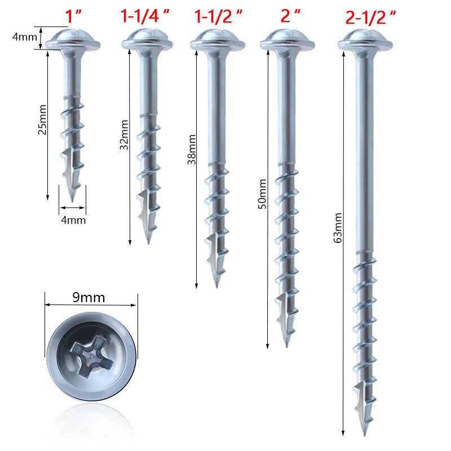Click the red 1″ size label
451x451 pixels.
click(x=74, y=16)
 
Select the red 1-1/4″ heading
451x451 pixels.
click(x=146, y=16)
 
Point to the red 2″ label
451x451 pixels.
click(x=290, y=16)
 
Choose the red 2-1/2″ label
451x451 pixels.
click(x=370, y=17)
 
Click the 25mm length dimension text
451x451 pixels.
click(x=42, y=122)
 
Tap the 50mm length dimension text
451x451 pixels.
click(x=262, y=194)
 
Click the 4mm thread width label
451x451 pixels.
click(x=73, y=220)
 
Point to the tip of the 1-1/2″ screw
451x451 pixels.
click(x=216, y=285)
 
